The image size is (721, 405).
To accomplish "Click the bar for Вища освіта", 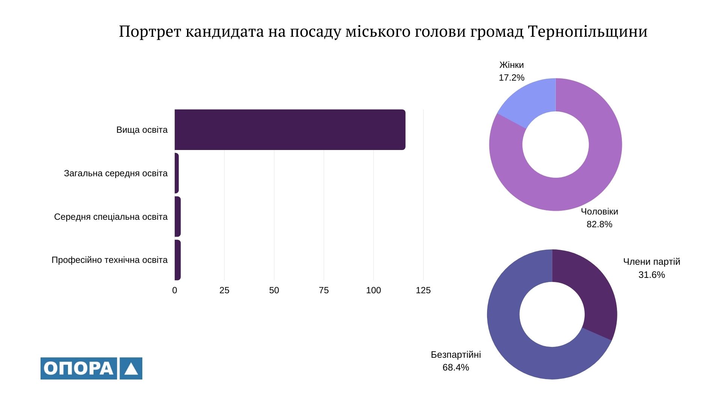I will pyautogui.click(x=289, y=130).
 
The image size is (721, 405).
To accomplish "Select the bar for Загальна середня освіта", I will pyautogui.click(x=176, y=173).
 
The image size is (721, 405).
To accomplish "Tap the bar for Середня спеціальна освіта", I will pyautogui.click(x=178, y=217).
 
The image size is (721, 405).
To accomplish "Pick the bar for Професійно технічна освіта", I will pyautogui.click(x=178, y=260).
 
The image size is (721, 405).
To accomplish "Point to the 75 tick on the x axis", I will pyautogui.click(x=324, y=290).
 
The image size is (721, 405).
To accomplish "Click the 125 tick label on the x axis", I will pyautogui.click(x=423, y=290).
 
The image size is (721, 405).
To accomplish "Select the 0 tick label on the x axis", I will pyautogui.click(x=175, y=290).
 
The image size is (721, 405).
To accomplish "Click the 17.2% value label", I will pyautogui.click(x=511, y=78).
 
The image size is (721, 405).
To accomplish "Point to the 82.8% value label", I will pyautogui.click(x=599, y=224).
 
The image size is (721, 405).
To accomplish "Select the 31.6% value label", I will pyautogui.click(x=652, y=275).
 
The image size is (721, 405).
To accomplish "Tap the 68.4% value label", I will pyautogui.click(x=456, y=367).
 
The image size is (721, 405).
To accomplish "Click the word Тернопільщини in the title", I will pyautogui.click(x=587, y=32).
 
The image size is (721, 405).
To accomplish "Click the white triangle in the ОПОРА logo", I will pyautogui.click(x=131, y=369).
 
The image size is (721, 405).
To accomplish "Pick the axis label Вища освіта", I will pyautogui.click(x=142, y=130).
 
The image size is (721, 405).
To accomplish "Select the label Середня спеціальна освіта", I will pyautogui.click(x=111, y=217).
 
